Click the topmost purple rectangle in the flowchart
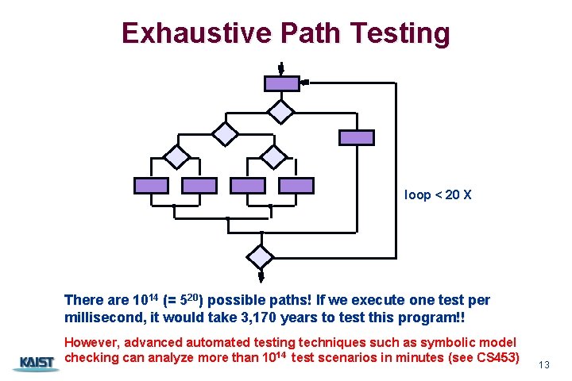pos(282,83)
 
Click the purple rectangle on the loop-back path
pos(356,137)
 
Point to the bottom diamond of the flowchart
pos(260,256)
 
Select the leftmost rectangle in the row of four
pos(151,186)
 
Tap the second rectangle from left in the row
pos(199,186)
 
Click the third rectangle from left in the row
pos(247,186)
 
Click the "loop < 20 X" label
pos(438,194)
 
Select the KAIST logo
pos(33,364)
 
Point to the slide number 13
pos(544,364)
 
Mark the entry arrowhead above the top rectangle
pos(280,70)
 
